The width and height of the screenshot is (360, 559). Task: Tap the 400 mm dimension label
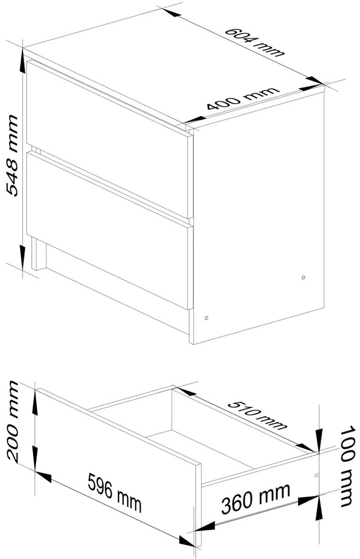pyautogui.click(x=243, y=100)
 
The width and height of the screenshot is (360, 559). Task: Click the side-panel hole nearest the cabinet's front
pyautogui.click(x=206, y=317)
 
